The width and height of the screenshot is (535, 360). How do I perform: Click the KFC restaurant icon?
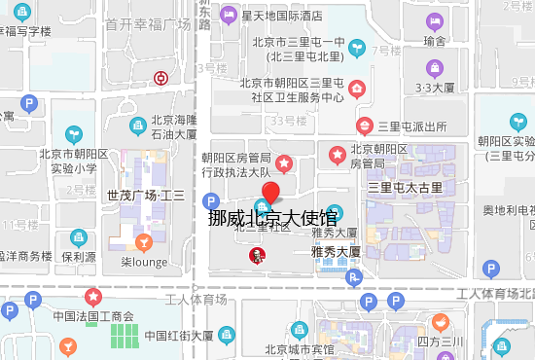(x=256, y=255)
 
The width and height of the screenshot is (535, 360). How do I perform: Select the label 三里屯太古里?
(x=405, y=186)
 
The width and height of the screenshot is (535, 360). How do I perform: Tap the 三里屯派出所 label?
(x=412, y=126)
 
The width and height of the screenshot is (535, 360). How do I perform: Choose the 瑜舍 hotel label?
(x=435, y=41)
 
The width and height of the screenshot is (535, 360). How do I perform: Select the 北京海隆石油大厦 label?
(x=174, y=127)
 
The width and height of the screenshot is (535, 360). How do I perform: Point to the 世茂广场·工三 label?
(x=146, y=195)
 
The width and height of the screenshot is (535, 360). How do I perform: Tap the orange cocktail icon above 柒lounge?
(x=144, y=241)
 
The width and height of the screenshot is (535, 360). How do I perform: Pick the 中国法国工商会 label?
(x=92, y=315)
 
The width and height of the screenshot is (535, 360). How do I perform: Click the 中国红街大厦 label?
(x=179, y=336)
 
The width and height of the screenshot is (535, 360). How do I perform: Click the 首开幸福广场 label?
(x=148, y=23)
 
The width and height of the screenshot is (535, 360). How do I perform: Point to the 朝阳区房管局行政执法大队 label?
(x=235, y=164)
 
